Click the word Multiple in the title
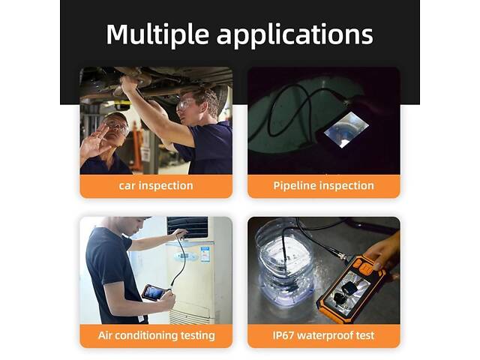click(x=157, y=34)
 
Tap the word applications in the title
click(x=295, y=35)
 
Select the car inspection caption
click(x=156, y=185)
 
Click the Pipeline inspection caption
click(x=323, y=185)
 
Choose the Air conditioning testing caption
click(x=157, y=335)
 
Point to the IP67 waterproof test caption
click(x=323, y=335)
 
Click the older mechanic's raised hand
click(x=94, y=142)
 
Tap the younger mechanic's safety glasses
click(x=185, y=103)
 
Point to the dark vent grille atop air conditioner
click(x=187, y=226)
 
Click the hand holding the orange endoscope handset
click(x=384, y=251)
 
